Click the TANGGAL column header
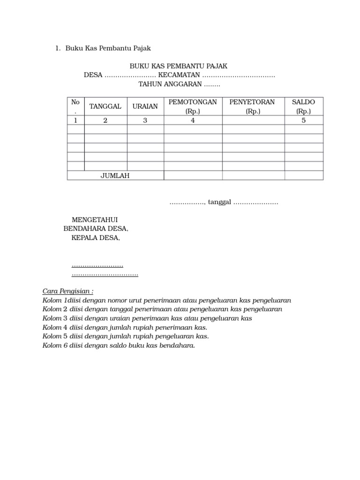tap(105, 106)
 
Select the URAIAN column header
tap(145, 106)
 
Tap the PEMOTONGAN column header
tap(193, 102)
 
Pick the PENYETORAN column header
tap(252, 102)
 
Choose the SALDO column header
tap(303, 102)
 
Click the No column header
tap(75, 102)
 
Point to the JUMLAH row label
tap(115, 176)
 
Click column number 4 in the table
tap(193, 120)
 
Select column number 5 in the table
tap(303, 120)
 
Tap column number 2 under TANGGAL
tap(105, 120)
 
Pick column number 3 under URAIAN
tap(145, 120)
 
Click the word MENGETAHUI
tap(94, 220)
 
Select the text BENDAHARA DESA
tap(96, 229)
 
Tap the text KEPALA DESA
tap(96, 238)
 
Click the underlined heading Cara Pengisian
tap(68, 291)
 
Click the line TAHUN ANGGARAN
tap(179, 84)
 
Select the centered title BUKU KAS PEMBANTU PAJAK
tap(179, 67)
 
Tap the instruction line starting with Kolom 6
tap(119, 345)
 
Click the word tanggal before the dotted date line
tap(219, 202)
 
